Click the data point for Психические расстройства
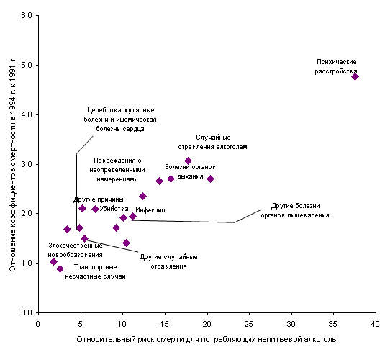tap(355, 76)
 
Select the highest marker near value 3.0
tap(189, 161)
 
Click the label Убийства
tap(114, 209)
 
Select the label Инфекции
tap(150, 210)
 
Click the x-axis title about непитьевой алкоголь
tap(207, 339)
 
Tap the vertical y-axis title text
tap(12, 164)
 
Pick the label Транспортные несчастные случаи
tap(95, 271)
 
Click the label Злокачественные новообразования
tap(75, 250)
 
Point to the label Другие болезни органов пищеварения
tap(295, 210)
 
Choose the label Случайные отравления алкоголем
tap(212, 143)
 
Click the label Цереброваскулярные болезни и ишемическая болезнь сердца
tap(120, 120)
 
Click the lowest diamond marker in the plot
tap(60, 269)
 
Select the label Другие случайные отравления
tap(168, 261)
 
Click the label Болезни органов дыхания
tap(190, 172)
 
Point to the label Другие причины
tap(98, 199)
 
